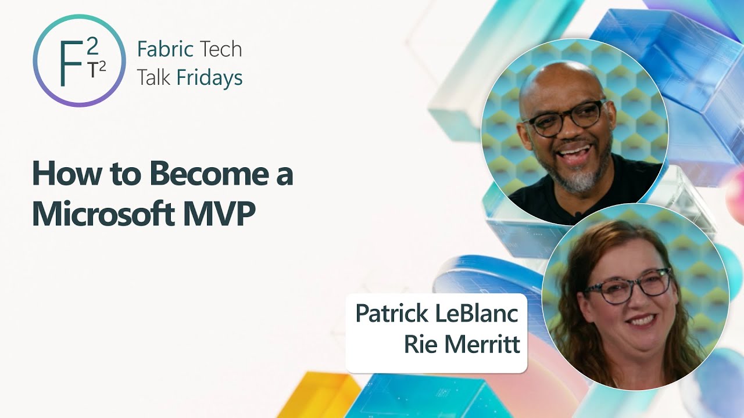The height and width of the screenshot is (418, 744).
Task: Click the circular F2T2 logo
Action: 80,60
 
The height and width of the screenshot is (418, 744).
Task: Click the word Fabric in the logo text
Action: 165,49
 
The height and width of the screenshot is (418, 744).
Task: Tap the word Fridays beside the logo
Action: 210,77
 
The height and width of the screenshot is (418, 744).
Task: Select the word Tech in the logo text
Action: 220,49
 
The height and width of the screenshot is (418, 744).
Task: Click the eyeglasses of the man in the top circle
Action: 562,118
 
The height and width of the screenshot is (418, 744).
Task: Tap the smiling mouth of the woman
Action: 641,320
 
